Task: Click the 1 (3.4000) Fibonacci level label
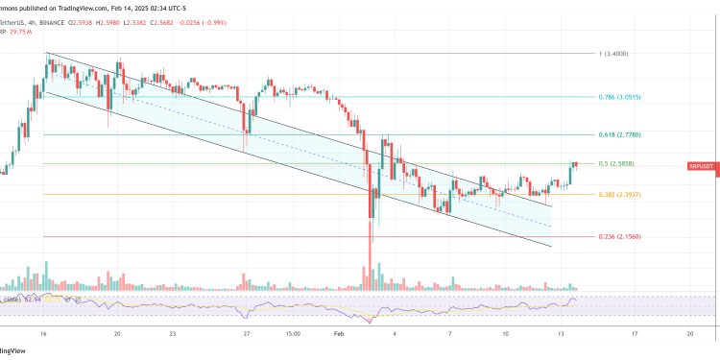pos(612,54)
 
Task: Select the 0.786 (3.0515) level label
pos(618,97)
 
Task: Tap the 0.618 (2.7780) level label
pos(618,135)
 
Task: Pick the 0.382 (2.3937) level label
pos(618,195)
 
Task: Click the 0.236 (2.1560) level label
pos(618,237)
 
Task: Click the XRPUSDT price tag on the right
pos(702,166)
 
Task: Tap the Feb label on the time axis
pos(338,334)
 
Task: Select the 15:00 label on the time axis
pos(294,334)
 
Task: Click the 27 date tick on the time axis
pos(248,334)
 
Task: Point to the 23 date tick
pos(172,334)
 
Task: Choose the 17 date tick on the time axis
pos(635,334)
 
